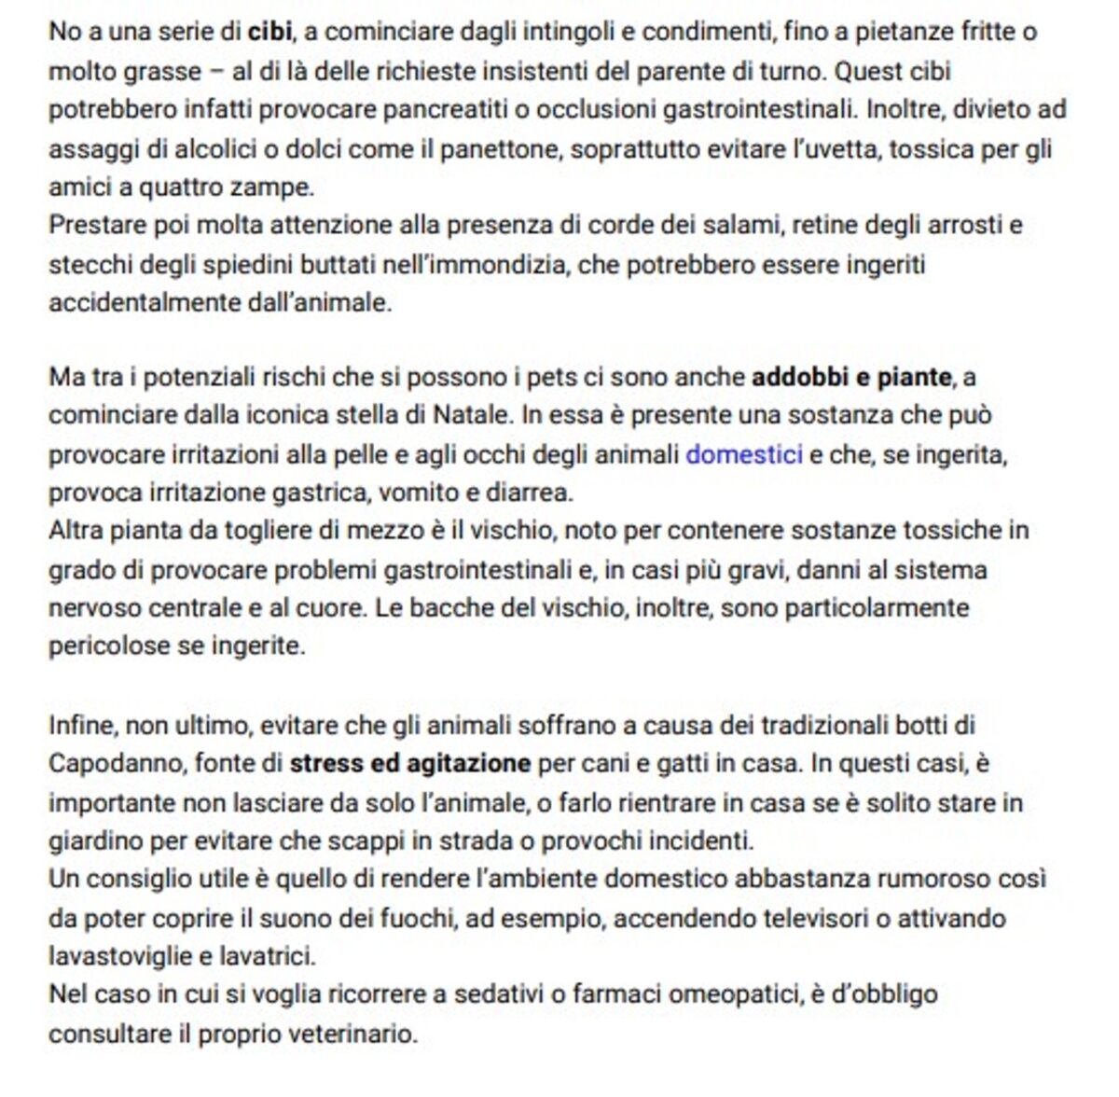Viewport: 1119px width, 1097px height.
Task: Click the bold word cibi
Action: (x=269, y=33)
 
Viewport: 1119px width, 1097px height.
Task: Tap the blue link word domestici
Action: (x=743, y=454)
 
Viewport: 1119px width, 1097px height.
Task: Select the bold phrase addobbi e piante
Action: (x=850, y=378)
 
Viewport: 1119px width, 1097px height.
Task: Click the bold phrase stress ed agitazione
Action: (x=410, y=764)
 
